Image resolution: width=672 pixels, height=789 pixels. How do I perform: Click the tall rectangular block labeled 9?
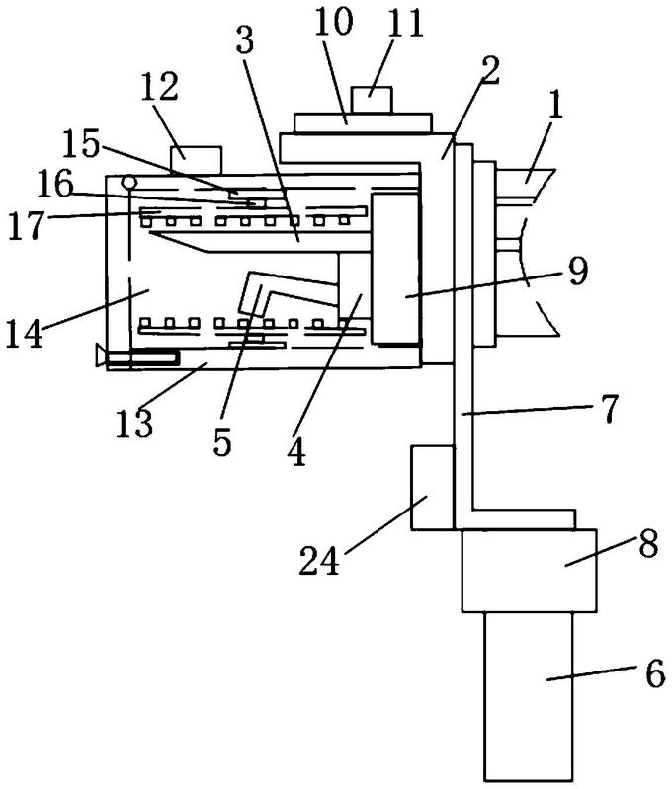pyautogui.click(x=396, y=269)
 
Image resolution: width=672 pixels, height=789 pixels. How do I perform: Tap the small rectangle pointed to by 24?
pyautogui.click(x=432, y=487)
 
